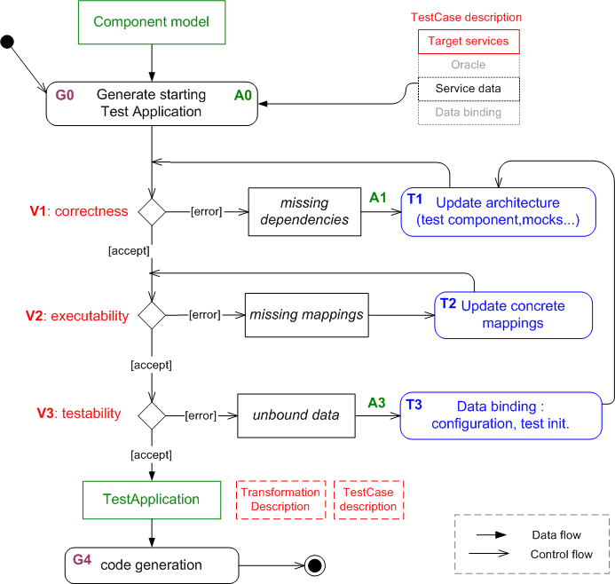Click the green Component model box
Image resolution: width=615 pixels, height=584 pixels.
[x=152, y=22]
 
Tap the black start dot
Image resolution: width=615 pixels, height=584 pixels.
[x=8, y=41]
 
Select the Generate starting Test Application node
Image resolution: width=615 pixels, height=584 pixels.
[x=152, y=104]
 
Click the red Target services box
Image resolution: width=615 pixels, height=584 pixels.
[x=469, y=42]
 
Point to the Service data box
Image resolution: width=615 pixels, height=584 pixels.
[x=469, y=89]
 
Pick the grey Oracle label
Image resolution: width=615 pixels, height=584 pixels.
[x=469, y=65]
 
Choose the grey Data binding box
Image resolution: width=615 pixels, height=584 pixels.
[x=469, y=113]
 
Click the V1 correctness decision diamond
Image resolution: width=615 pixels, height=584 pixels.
[x=153, y=211]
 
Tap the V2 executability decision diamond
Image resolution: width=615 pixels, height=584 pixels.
[x=153, y=315]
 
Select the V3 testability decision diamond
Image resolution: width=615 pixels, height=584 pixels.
[x=153, y=414]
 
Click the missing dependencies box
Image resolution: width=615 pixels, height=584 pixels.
[x=304, y=211]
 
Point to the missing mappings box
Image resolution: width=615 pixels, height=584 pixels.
[x=306, y=314]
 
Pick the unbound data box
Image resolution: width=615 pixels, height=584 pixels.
[x=293, y=414]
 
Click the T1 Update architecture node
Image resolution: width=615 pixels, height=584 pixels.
[x=497, y=211]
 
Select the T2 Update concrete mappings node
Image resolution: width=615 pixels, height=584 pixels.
[x=513, y=315]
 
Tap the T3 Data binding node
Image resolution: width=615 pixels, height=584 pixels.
[x=506, y=415]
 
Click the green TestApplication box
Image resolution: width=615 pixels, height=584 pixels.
[x=152, y=499]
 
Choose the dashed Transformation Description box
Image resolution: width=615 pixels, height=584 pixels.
[x=280, y=500]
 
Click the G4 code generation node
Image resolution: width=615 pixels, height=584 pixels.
[x=152, y=564]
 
